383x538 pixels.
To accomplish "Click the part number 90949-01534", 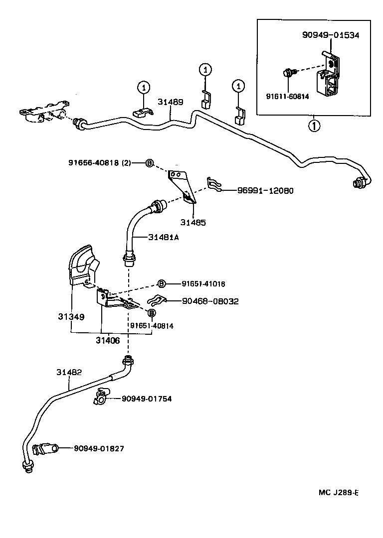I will click(x=331, y=35).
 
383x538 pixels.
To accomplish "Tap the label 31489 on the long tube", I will click(x=171, y=102).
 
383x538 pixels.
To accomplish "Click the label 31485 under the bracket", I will click(x=193, y=222).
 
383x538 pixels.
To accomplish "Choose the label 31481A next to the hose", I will click(x=163, y=238).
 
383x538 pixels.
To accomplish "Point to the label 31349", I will click(x=70, y=316).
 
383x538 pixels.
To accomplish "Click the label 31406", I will click(x=108, y=340).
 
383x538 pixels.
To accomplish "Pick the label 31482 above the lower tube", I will click(x=69, y=372).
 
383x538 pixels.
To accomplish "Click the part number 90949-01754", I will click(x=146, y=399).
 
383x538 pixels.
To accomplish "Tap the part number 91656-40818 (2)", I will click(x=99, y=163).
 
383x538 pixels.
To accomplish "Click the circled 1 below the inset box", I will click(x=314, y=126).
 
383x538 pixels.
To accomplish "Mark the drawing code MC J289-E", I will click(x=339, y=493).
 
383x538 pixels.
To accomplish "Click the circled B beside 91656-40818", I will click(x=149, y=163).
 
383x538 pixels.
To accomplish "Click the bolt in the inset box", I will click(x=288, y=73).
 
